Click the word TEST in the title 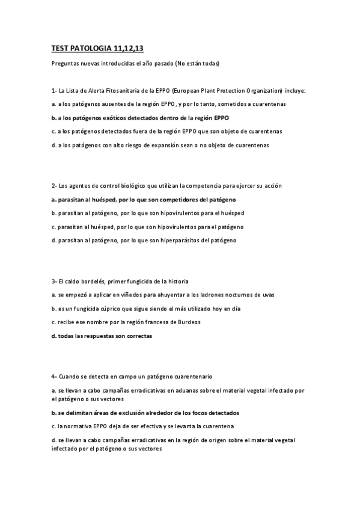[x=59, y=49]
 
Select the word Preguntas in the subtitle [x=66, y=64]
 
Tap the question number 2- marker [x=54, y=186]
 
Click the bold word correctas [x=139, y=336]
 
